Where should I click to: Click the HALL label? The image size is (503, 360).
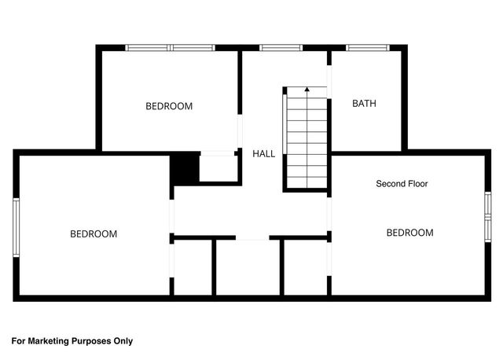(263, 153)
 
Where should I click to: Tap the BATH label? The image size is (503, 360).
(364, 103)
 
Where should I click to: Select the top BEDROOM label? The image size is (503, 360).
(169, 106)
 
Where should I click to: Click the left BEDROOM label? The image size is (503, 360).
(94, 233)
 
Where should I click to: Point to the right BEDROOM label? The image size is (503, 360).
(409, 233)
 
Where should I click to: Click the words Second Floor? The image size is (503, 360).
(402, 184)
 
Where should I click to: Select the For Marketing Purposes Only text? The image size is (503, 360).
(72, 341)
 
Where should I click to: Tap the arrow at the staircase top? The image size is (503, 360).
(307, 90)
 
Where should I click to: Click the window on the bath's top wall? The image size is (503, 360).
(369, 48)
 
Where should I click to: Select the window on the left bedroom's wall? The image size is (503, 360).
(16, 227)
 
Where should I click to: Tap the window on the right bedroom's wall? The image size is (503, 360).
(487, 215)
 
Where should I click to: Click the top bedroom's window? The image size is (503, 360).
(171, 48)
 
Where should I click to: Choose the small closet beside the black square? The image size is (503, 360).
(218, 168)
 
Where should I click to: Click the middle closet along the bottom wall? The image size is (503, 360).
(247, 267)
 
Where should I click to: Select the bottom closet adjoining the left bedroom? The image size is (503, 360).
(193, 267)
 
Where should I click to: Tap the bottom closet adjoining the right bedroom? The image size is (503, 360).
(305, 267)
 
